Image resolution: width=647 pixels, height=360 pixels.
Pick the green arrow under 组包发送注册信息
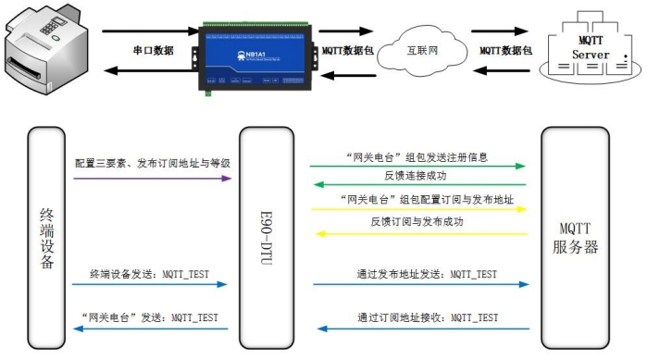(x=417, y=167)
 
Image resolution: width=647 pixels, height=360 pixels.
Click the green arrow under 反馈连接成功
(x=417, y=184)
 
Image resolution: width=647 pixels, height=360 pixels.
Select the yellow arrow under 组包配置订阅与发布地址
(x=417, y=209)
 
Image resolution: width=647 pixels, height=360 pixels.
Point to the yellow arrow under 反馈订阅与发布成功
(x=417, y=233)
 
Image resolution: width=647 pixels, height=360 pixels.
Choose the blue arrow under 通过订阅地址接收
(x=417, y=328)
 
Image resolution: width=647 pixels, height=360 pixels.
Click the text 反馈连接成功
(x=416, y=174)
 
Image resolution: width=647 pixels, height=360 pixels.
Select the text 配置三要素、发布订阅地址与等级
(x=153, y=163)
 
